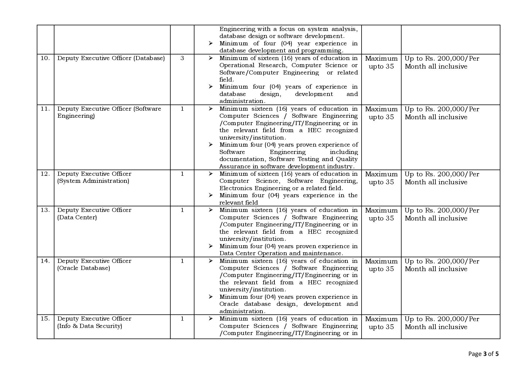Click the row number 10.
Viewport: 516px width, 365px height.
pos(45,58)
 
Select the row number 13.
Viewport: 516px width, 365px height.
pos(45,210)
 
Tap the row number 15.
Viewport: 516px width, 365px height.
pos(45,319)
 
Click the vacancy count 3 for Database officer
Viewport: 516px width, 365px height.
pos(182,58)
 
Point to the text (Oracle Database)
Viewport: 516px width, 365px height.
pos(84,268)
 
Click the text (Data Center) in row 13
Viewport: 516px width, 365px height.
pos(77,218)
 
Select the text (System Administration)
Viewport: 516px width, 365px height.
pos(93,181)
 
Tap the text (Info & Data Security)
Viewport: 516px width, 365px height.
pos(89,326)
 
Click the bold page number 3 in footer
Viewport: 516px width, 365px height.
pos(485,354)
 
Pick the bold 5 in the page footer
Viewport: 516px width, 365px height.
pos(497,354)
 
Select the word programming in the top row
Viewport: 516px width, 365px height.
pos(325,51)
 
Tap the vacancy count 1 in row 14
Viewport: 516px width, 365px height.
pos(182,261)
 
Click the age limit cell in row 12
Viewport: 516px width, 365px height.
pos(381,178)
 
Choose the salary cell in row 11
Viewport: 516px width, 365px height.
pos(442,113)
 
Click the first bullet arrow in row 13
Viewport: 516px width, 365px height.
pos(211,210)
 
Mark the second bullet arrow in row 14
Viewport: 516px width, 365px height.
pos(211,297)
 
